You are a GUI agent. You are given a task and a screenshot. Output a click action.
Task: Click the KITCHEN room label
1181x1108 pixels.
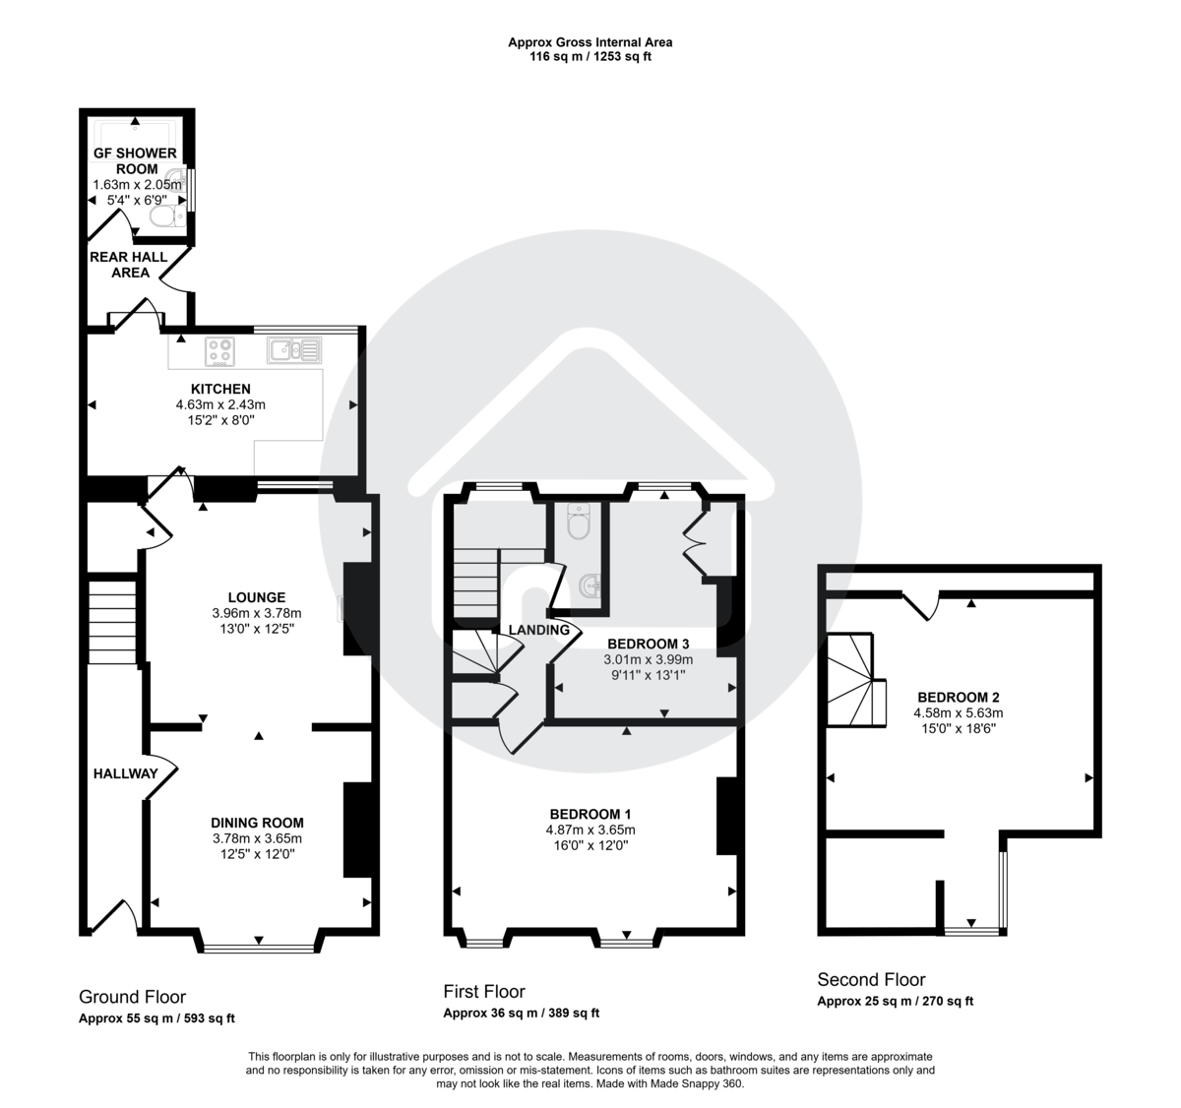tap(220, 389)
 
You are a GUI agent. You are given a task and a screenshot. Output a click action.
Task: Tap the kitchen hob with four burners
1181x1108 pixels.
tap(221, 350)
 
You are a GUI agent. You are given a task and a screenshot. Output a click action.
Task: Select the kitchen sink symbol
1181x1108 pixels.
tap(292, 349)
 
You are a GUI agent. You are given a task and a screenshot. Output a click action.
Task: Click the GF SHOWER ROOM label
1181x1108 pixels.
tap(135, 160)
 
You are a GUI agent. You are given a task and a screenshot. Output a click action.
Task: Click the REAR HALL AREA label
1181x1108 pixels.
tap(129, 265)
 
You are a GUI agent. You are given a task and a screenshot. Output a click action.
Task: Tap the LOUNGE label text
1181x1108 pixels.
tap(257, 597)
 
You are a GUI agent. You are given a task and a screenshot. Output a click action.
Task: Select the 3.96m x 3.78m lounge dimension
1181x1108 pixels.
tap(257, 613)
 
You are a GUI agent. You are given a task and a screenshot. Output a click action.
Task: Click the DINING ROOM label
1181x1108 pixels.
tap(257, 823)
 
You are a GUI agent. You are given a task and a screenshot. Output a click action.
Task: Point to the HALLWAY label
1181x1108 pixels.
tap(125, 773)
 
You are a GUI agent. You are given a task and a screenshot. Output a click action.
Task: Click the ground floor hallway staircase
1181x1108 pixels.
tap(111, 623)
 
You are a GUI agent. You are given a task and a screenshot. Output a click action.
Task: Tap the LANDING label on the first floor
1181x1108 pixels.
tap(538, 630)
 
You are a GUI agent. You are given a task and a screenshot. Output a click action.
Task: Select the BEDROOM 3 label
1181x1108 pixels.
tap(648, 644)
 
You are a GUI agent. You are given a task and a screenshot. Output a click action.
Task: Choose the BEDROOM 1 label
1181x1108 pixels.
tap(590, 814)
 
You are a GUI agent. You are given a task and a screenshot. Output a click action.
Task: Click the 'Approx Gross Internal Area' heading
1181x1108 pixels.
tap(590, 42)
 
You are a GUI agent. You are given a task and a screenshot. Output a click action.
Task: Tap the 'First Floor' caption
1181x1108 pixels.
tap(484, 992)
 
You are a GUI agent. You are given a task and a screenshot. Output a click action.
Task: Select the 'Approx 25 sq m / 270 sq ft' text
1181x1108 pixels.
tap(895, 1002)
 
